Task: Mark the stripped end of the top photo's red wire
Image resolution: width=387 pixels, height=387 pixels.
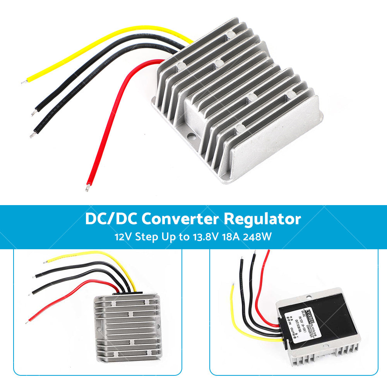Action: pyautogui.click(x=87, y=189)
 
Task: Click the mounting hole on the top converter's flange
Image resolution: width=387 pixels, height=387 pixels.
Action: pyautogui.click(x=191, y=136)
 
